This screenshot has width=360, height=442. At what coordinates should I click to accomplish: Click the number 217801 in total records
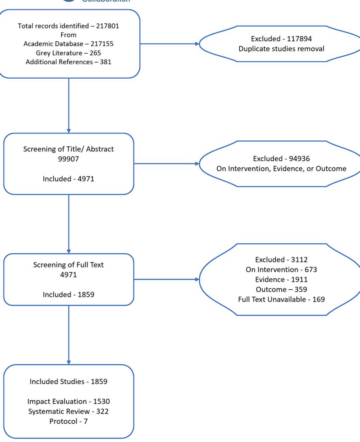coord(108,26)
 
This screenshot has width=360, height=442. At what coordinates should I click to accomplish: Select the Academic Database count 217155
coord(102,44)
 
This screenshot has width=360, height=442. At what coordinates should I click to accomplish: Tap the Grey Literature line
coord(68,53)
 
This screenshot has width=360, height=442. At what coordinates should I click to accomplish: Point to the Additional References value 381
coord(106,62)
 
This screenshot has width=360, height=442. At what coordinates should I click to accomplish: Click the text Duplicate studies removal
coord(281,49)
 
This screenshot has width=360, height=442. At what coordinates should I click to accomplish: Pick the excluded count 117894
coord(300,39)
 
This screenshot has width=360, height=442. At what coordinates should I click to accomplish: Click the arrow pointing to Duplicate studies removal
coord(170,44)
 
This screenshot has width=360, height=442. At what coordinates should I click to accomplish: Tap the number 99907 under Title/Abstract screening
coord(68,159)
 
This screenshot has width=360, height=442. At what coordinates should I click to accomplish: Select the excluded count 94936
coord(300,159)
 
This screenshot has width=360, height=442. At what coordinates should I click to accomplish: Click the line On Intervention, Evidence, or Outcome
coord(281,168)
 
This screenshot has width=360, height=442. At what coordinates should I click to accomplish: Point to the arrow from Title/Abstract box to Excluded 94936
coord(167,163)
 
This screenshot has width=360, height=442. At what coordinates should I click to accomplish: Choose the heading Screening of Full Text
coord(68,265)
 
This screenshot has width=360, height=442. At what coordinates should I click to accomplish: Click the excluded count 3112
coord(299,259)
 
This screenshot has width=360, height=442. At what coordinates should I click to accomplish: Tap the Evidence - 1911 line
coord(281,279)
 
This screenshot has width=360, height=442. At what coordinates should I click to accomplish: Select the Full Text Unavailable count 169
coord(319,299)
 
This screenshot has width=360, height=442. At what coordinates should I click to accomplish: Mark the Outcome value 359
coord(301,290)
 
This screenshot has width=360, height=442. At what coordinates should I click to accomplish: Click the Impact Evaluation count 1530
coord(102,402)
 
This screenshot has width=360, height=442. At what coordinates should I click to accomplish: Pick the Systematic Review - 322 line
coord(68,411)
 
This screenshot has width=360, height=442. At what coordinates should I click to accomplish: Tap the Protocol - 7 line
coord(68,422)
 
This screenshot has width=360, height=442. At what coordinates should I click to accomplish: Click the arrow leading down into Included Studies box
coord(69,335)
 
